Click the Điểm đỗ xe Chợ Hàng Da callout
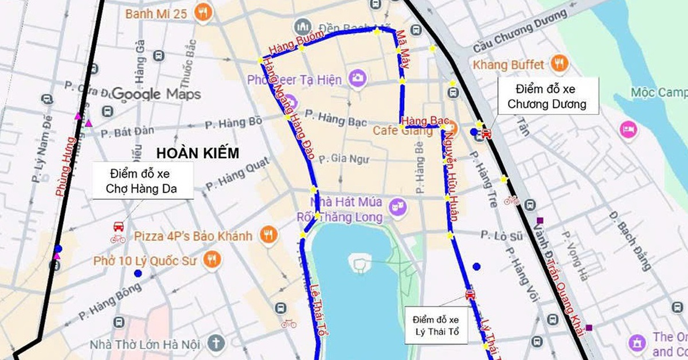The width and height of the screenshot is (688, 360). point(143,181)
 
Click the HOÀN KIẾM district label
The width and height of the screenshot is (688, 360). point(197,153)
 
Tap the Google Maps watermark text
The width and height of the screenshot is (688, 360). point(156,93)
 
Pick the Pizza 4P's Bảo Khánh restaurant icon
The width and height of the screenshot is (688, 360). point(266,234)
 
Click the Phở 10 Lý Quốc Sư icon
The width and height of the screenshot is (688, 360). point(212,260)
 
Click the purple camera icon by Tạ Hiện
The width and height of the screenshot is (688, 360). point(358,79)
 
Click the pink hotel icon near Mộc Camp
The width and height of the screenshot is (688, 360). point(628,130)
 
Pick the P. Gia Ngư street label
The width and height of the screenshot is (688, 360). point(343,159)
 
